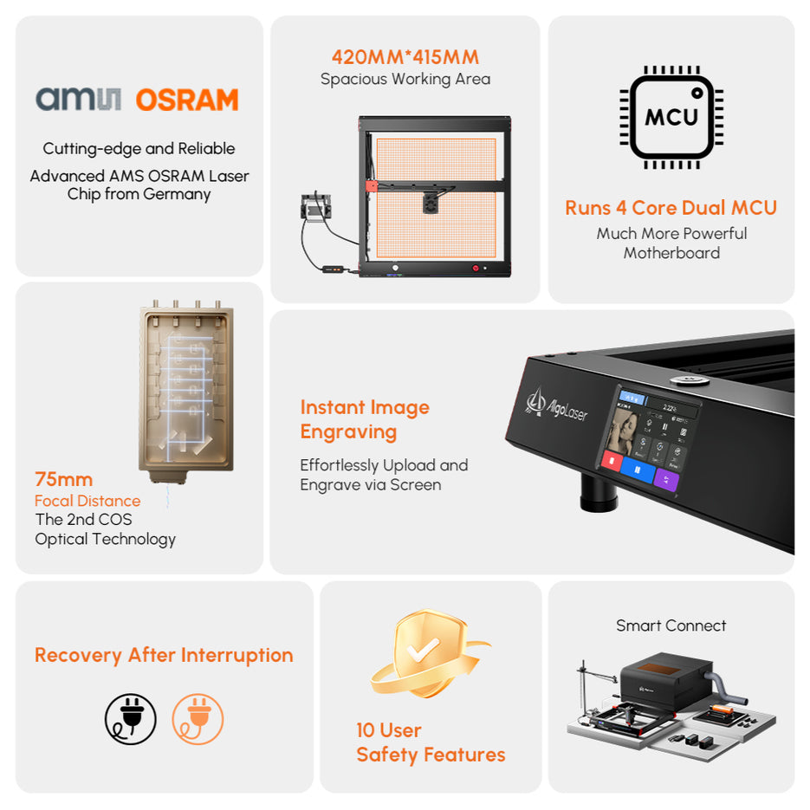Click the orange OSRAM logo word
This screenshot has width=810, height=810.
tap(187, 100)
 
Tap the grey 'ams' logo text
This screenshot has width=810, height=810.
tap(79, 99)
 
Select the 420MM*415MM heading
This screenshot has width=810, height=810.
tap(405, 57)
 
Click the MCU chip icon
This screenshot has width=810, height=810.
tap(671, 116)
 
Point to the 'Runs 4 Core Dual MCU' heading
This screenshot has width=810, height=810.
tap(671, 208)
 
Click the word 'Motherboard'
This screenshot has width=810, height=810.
tap(671, 253)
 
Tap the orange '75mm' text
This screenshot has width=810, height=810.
tap(63, 479)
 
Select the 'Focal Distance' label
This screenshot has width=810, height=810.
tap(87, 501)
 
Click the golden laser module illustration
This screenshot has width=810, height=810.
tap(186, 390)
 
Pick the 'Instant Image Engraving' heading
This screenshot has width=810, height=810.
tap(365, 419)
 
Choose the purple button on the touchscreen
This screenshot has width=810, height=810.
tap(666, 480)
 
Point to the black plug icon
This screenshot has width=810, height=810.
tap(131, 719)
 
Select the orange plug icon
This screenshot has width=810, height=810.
tap(198, 719)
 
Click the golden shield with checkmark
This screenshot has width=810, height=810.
tap(420, 654)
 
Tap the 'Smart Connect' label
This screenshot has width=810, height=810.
tap(671, 625)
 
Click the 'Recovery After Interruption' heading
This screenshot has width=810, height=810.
tap(164, 655)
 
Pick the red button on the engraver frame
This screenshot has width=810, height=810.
tap(475, 269)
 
